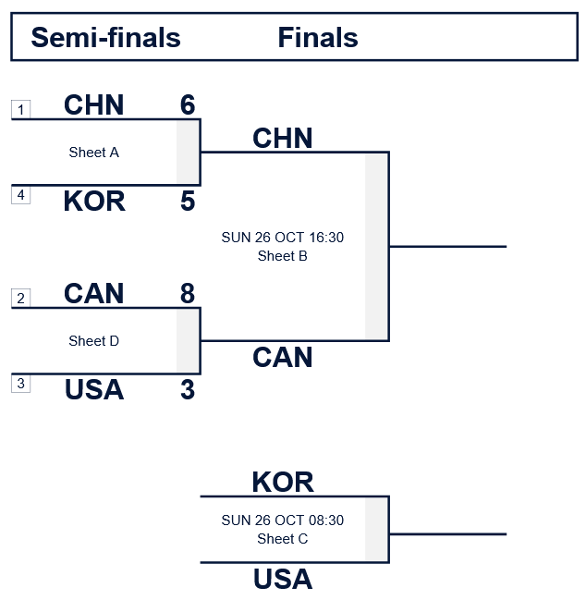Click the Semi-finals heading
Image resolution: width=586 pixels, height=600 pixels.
pos(105,38)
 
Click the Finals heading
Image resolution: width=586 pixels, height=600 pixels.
pos(317,38)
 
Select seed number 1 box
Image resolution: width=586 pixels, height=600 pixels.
pos(21,110)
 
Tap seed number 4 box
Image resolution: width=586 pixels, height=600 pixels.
pos(21,194)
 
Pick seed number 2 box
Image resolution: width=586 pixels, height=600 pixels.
pos(21,298)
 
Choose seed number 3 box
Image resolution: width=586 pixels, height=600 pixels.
pos(21,383)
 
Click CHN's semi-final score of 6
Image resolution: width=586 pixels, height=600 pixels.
pos(188,105)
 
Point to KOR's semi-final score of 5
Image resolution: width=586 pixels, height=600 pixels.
pos(188,201)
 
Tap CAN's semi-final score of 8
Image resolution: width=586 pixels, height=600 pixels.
pos(188,294)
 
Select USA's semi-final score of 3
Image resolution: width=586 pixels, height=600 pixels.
pos(188,389)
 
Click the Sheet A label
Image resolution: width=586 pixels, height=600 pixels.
pos(93,153)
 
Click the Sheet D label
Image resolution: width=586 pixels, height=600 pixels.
pos(93,341)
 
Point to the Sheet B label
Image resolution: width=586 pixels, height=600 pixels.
pos(282,256)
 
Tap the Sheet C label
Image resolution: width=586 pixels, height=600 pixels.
pos(282,539)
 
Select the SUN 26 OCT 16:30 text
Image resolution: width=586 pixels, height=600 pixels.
pos(282,238)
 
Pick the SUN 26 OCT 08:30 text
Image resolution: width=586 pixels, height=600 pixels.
pos(282,520)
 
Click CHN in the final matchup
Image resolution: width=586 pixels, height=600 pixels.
pos(282,139)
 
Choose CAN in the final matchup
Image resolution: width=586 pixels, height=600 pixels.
pos(282,357)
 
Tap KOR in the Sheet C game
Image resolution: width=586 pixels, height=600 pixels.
pos(282,482)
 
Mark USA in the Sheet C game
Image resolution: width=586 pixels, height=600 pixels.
pos(282,580)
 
